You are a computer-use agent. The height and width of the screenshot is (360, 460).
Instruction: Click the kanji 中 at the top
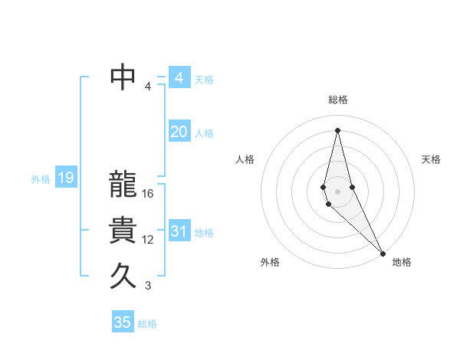pyautogui.click(x=123, y=77)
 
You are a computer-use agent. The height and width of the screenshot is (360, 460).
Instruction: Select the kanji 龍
pyautogui.click(x=123, y=185)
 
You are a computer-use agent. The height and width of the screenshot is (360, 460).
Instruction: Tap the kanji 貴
pyautogui.click(x=123, y=231)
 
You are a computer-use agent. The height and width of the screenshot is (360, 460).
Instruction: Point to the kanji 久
pyautogui.click(x=123, y=276)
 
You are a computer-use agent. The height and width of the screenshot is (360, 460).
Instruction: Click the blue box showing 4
pyautogui.click(x=179, y=78)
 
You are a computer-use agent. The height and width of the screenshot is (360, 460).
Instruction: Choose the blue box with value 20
pyautogui.click(x=179, y=132)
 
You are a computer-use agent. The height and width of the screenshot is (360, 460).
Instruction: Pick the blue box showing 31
pyautogui.click(x=179, y=231)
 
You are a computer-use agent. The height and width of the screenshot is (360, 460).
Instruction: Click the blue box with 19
pyautogui.click(x=65, y=178)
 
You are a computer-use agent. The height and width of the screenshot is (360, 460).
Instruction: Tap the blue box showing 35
pyautogui.click(x=123, y=322)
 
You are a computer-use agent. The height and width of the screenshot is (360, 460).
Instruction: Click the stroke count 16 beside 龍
pyautogui.click(x=148, y=194)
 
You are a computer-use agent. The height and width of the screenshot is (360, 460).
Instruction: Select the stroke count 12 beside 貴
pyautogui.click(x=148, y=240)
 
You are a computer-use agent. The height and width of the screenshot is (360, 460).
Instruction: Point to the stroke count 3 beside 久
pyautogui.click(x=148, y=286)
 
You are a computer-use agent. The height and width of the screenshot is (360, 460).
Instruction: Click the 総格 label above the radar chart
pyautogui.click(x=338, y=100)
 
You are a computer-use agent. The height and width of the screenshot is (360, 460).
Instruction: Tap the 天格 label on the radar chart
pyautogui.click(x=432, y=159)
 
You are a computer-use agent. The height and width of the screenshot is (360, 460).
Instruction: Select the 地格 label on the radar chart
pyautogui.click(x=402, y=262)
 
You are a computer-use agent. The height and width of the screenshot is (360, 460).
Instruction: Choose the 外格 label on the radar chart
pyautogui.click(x=270, y=262)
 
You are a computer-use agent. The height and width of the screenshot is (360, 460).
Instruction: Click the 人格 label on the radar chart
pyautogui.click(x=245, y=159)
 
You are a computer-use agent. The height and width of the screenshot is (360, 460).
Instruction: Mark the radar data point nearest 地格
pyautogui.click(x=383, y=252)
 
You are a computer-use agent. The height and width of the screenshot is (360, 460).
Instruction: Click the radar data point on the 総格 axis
pyautogui.click(x=338, y=129)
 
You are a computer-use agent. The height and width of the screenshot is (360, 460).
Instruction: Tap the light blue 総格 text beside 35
pyautogui.click(x=147, y=324)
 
